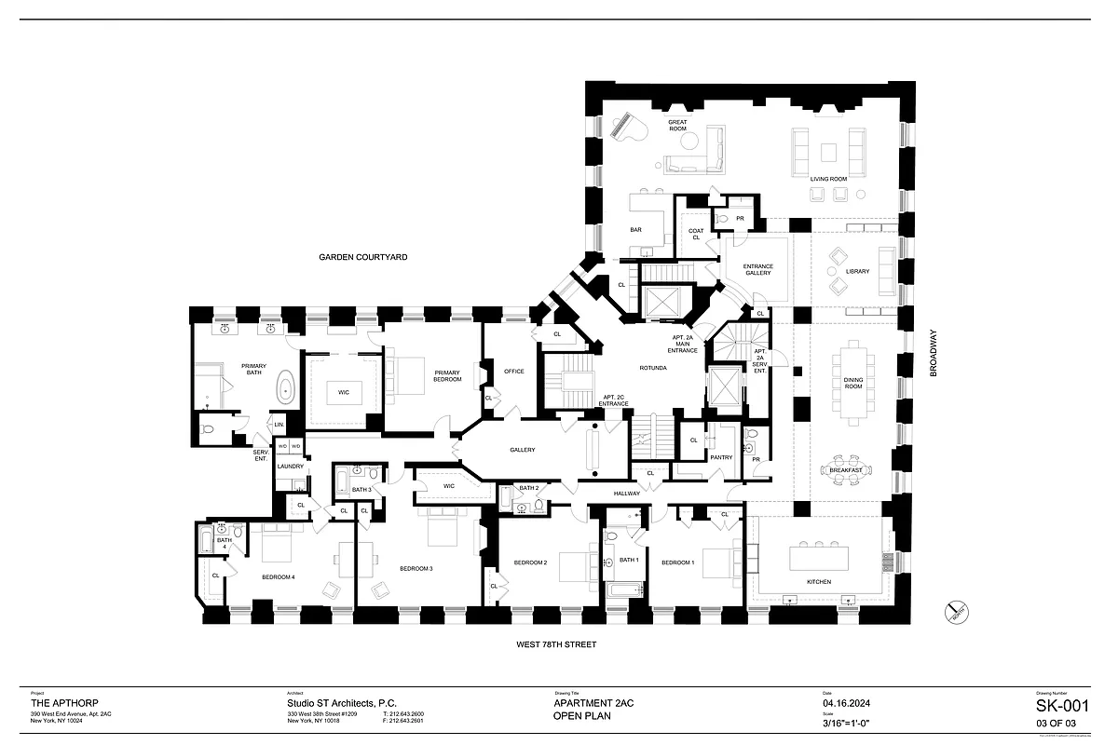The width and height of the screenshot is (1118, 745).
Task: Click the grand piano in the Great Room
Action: pos(625,127)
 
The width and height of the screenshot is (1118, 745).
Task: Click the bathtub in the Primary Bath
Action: pos(284,386)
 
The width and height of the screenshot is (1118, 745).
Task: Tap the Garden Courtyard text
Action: pos(362,257)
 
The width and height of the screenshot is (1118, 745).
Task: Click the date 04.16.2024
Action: pos(845,704)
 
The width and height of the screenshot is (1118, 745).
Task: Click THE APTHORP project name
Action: pos(65,704)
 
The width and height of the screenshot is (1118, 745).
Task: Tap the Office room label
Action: pos(513,372)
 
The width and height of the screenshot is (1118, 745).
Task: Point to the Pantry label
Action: pos(721,457)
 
